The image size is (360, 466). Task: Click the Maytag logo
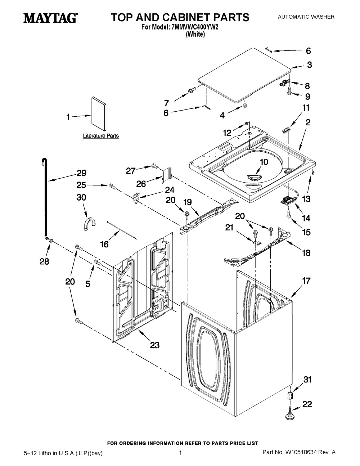(50, 18)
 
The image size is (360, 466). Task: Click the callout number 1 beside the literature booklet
(68, 117)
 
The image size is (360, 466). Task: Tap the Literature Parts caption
(101, 136)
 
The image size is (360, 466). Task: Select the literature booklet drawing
(99, 112)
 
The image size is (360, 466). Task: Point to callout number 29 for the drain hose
(81, 173)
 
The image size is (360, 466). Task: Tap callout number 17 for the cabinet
(306, 281)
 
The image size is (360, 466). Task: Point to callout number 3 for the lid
(309, 65)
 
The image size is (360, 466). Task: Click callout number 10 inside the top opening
(264, 162)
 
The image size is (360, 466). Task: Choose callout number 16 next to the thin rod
(104, 245)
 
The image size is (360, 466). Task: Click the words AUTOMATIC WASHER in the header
(306, 17)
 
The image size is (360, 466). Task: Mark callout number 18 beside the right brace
(306, 253)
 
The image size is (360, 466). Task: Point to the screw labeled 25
(112, 187)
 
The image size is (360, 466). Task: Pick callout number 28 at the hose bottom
(44, 261)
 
